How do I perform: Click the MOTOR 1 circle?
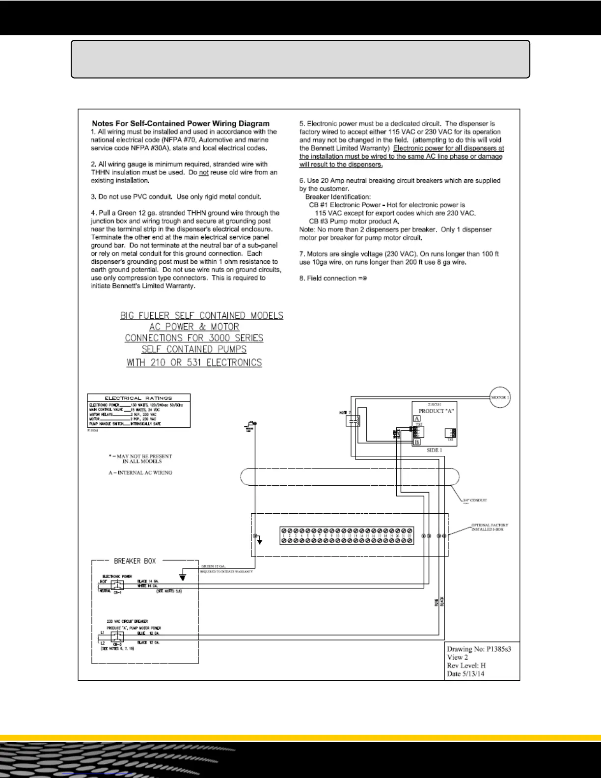point(500,397)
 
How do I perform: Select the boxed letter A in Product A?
point(416,419)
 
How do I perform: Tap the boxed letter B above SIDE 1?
point(416,442)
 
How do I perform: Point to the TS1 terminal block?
point(450,433)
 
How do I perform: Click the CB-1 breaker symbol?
point(117,585)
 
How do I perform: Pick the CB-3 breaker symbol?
point(117,637)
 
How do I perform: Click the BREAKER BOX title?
point(135,561)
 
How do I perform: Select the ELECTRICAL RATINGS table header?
point(138,398)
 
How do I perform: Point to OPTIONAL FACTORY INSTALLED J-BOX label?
point(489,527)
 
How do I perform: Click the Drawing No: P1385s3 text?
point(479,649)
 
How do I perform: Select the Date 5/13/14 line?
point(465,673)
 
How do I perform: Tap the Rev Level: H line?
point(466,666)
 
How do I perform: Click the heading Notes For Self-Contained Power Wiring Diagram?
point(180,124)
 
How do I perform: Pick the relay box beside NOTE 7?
point(353,420)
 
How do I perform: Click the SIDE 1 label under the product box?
point(434,450)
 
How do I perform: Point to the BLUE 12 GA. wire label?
point(148,634)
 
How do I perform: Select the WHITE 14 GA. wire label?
point(148,586)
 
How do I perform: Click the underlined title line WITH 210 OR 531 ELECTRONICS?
point(194,363)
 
